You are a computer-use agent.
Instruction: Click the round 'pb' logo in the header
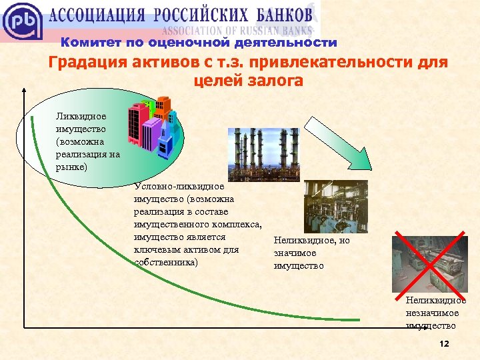point(22,21)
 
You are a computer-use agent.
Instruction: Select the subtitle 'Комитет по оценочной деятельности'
point(199,43)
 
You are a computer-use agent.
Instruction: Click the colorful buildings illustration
point(151,127)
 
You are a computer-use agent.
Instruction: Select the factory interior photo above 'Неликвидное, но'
point(335,206)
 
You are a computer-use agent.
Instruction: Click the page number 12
point(445,343)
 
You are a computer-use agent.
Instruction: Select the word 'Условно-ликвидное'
point(179,187)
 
